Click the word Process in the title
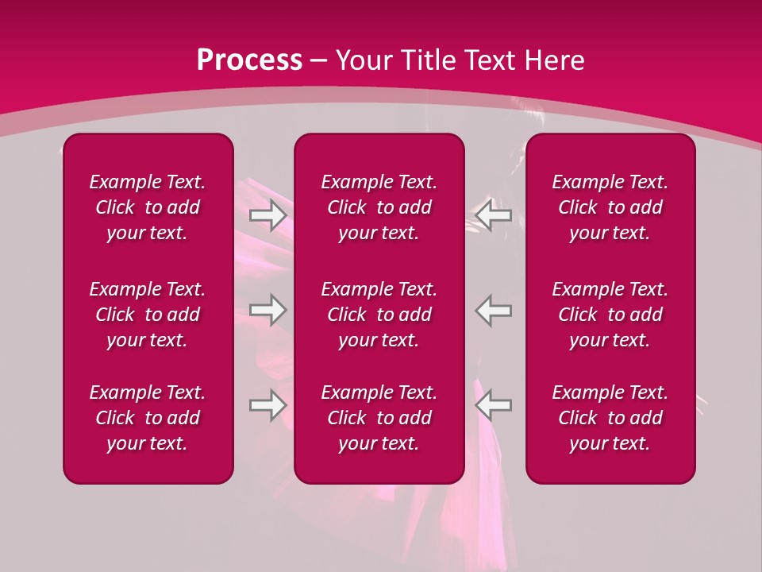click(249, 60)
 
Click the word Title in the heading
click(429, 60)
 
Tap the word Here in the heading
click(552, 60)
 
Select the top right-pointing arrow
click(268, 215)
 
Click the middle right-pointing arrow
click(268, 310)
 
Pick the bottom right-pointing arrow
click(268, 404)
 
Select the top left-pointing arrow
click(493, 215)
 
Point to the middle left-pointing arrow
click(493, 310)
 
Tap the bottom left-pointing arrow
click(493, 404)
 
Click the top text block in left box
click(148, 207)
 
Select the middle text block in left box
click(148, 315)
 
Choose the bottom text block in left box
click(148, 418)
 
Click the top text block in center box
click(379, 207)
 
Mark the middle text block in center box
click(379, 315)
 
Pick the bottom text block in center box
click(379, 418)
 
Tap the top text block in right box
click(610, 207)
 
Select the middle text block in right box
click(610, 315)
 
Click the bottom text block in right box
click(610, 418)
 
